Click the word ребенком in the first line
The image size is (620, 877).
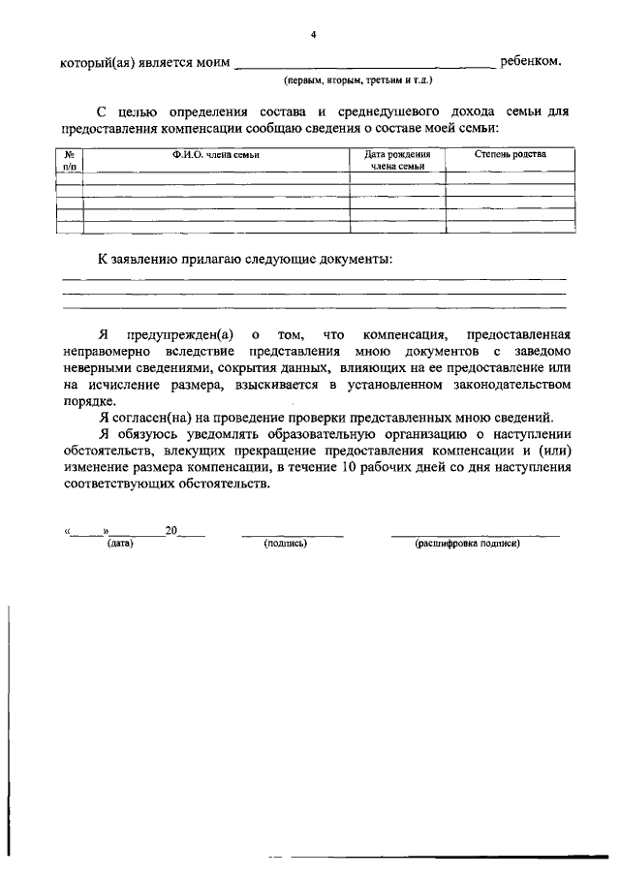530,62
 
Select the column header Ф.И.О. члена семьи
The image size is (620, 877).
216,155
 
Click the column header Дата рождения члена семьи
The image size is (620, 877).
397,161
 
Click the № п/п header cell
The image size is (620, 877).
70,161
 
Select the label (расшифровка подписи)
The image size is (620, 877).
468,545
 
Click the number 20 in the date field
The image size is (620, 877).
171,530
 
